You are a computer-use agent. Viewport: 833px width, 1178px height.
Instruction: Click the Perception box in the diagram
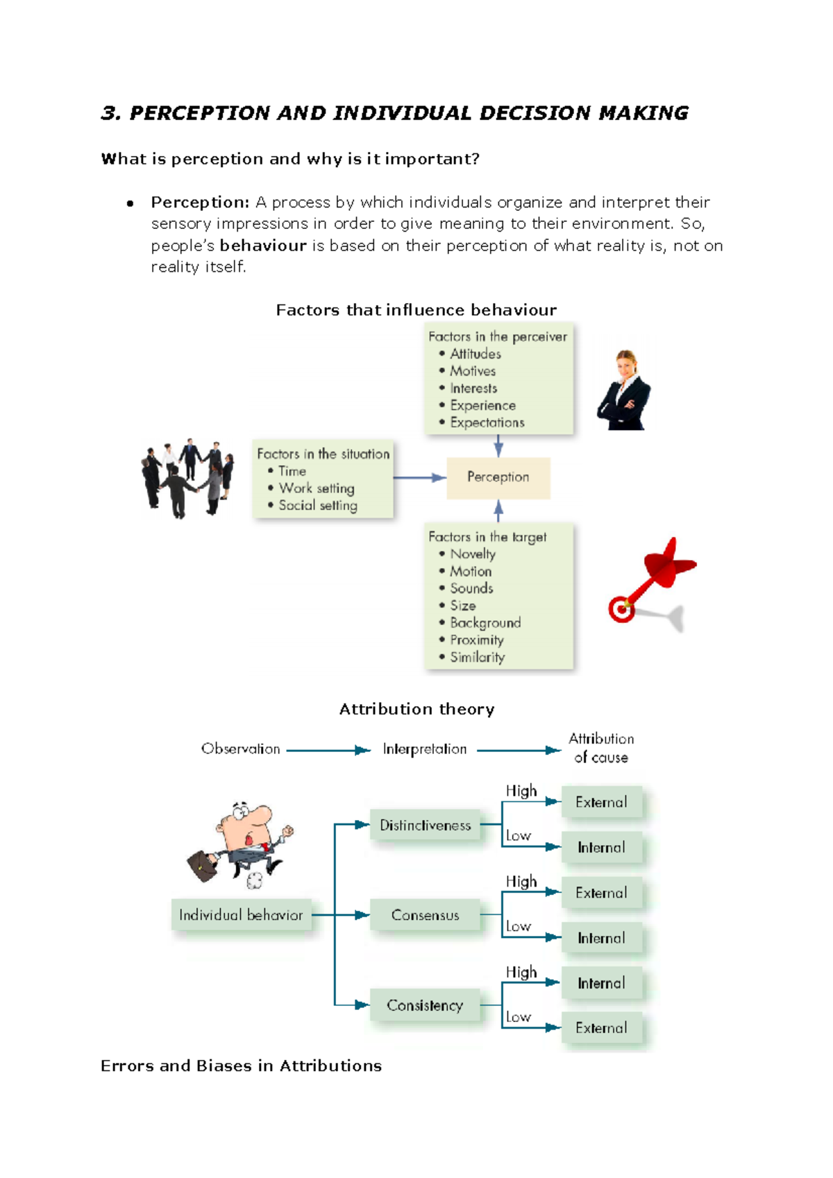[498, 477]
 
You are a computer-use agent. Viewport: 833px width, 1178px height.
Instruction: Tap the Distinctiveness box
[425, 825]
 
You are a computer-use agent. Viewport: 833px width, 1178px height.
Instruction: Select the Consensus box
[425, 915]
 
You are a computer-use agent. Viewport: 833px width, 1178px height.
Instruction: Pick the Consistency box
[425, 1005]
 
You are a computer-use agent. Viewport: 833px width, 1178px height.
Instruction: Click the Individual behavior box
[241, 915]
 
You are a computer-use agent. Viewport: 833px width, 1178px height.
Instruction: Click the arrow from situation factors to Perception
[419, 477]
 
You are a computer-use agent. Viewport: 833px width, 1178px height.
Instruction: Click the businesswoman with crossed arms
[625, 392]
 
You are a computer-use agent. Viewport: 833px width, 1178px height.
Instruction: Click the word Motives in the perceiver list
[473, 371]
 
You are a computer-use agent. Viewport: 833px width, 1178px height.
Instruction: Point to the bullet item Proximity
[476, 640]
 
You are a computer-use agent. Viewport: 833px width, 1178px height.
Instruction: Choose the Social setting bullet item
[318, 506]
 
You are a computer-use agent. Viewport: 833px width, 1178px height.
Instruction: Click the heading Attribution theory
[416, 709]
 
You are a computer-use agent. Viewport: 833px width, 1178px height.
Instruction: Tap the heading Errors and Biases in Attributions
[241, 1066]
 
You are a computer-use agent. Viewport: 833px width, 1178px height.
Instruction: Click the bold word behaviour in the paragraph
[263, 246]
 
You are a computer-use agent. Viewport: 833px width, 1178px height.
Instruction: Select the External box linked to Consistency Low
[601, 1028]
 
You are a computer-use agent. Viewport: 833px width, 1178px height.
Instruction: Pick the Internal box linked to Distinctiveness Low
[601, 847]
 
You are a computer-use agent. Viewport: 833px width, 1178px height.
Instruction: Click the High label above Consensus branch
[521, 881]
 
